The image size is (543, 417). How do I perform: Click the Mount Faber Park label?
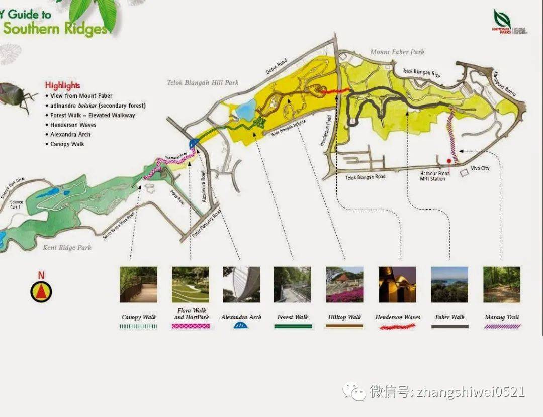[x=397, y=52]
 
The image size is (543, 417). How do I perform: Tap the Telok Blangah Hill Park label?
[x=203, y=82]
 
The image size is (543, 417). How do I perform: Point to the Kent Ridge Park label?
[x=67, y=247]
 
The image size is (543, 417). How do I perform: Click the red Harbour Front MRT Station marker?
[x=449, y=161]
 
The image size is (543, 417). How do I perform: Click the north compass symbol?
[x=41, y=291]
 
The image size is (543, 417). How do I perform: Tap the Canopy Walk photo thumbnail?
[x=139, y=284]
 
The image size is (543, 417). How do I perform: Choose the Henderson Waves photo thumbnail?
[x=398, y=284]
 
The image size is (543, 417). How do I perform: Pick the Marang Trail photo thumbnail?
[x=502, y=284]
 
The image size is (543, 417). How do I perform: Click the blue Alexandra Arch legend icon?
[x=241, y=326]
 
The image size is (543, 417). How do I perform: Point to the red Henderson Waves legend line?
[x=398, y=327]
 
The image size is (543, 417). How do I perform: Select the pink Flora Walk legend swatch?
[x=191, y=326]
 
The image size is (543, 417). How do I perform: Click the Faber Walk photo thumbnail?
[x=449, y=284]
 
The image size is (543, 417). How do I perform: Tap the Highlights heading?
[x=62, y=85]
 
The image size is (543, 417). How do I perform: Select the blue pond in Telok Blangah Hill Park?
[x=246, y=109]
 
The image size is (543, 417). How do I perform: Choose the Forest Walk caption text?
[x=293, y=317]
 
